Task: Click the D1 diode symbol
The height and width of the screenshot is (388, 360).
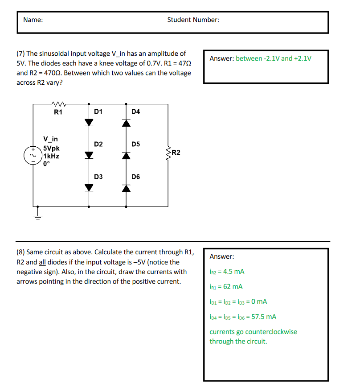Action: pyautogui.click(x=89, y=122)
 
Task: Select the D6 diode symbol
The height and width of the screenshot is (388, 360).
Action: pyautogui.click(x=127, y=188)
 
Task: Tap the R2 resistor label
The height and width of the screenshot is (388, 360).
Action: pyautogui.click(x=176, y=153)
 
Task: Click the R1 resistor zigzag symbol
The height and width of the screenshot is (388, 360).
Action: pyautogui.click(x=59, y=105)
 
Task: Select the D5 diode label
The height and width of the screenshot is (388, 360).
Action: pyautogui.click(x=136, y=144)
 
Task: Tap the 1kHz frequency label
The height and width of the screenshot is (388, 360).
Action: pyautogui.click(x=52, y=156)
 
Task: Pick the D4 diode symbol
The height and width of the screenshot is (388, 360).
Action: pyautogui.click(x=127, y=122)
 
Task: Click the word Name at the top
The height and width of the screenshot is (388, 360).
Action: pyautogui.click(x=33, y=20)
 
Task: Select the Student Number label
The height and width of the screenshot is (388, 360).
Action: pyautogui.click(x=193, y=20)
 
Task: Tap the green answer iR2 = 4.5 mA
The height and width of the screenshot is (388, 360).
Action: pyautogui.click(x=227, y=271)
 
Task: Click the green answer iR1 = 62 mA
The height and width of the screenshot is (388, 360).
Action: pyautogui.click(x=226, y=286)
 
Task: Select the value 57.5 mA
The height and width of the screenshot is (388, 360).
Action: pyautogui.click(x=265, y=317)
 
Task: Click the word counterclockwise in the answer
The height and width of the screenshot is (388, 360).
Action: pyautogui.click(x=271, y=332)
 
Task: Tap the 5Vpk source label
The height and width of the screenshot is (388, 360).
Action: pyautogui.click(x=53, y=149)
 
